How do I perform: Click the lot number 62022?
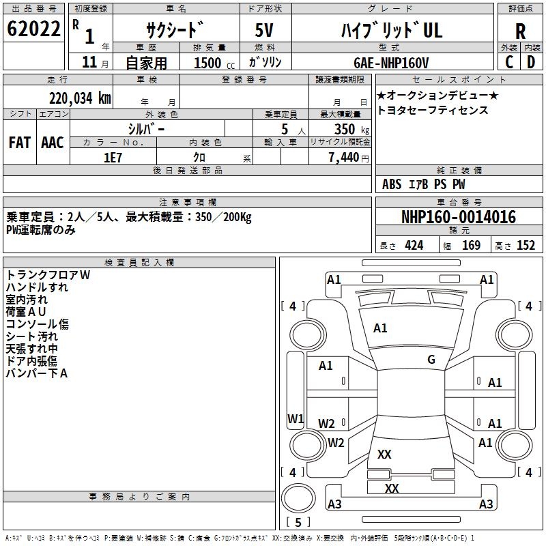tap(33, 29)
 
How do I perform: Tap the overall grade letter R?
tap(520, 31)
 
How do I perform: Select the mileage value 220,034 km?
tap(80, 98)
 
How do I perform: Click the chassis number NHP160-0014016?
tap(459, 216)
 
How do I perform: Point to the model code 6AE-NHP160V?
tap(391, 63)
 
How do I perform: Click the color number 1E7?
tap(113, 158)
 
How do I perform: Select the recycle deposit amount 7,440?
tap(344, 158)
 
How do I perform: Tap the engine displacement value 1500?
tap(207, 63)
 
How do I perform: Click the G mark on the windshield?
tap(431, 360)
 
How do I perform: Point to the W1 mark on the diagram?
tap(296, 418)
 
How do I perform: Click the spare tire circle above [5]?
tap(298, 498)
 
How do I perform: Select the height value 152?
tap(526, 246)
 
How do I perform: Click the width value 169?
tap(471, 246)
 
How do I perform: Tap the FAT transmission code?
tap(20, 143)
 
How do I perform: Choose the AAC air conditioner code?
tap(53, 143)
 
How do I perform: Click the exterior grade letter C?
tap(509, 62)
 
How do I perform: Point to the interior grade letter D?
tap(531, 62)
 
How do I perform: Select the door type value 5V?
tap(264, 30)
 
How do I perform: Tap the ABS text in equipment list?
tap(392, 184)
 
